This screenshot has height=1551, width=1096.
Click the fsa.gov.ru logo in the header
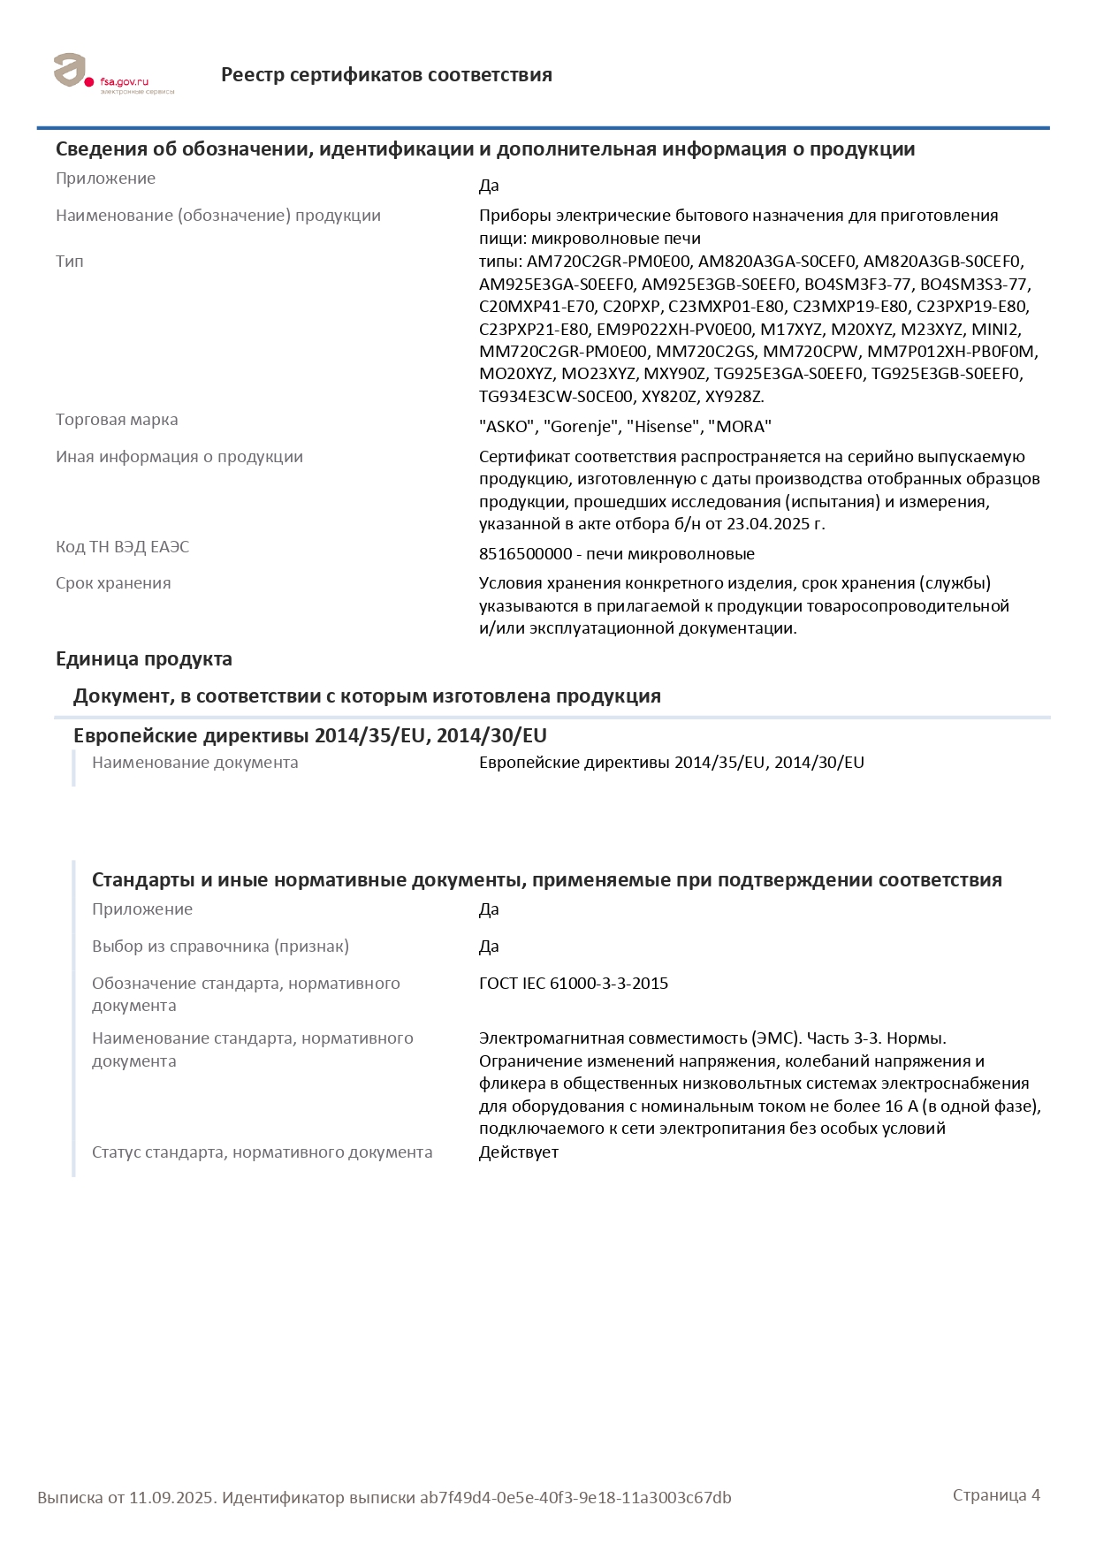click(x=113, y=74)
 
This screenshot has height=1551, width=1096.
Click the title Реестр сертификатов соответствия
click(x=386, y=75)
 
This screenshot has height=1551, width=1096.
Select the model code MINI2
click(x=995, y=330)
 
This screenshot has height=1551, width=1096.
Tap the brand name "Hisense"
click(x=662, y=427)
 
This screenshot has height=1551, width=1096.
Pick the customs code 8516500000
click(x=526, y=554)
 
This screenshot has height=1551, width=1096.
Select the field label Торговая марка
click(x=117, y=420)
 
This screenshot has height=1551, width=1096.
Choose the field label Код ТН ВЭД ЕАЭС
click(x=122, y=547)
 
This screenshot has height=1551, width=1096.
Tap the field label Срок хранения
click(x=113, y=583)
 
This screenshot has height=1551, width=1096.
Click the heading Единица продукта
click(x=144, y=659)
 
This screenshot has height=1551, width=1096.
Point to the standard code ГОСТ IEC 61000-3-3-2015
click(x=574, y=984)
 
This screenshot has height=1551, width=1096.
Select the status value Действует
click(x=519, y=1152)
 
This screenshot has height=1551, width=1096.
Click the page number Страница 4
click(x=996, y=1495)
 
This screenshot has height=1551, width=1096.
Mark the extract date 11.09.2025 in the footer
click(x=171, y=1498)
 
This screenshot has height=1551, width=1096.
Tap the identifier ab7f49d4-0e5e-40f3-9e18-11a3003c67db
click(x=575, y=1498)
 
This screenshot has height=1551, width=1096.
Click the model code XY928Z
click(x=734, y=397)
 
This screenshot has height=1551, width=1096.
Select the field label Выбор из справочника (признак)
click(x=220, y=947)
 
